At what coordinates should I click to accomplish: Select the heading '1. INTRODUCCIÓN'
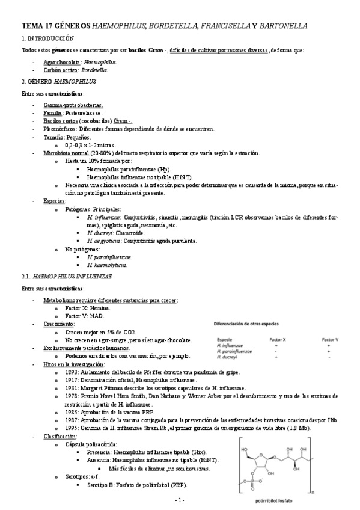pyautogui.click(x=40, y=38)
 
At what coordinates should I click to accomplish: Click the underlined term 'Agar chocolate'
pyautogui.click(x=62, y=61)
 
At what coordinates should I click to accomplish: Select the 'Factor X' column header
pyautogui.click(x=276, y=339)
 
